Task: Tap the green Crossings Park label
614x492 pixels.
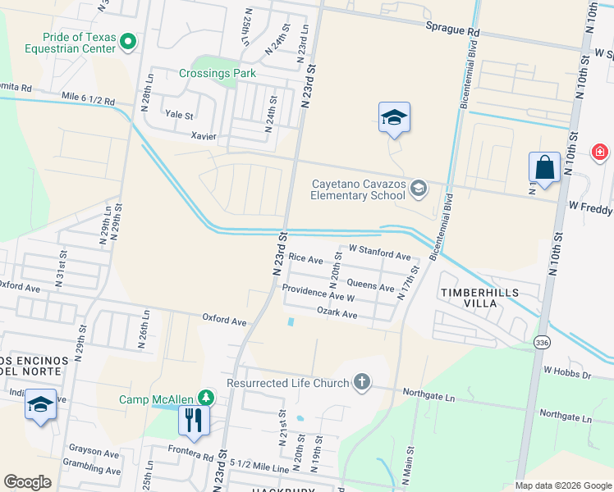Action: pyautogui.click(x=218, y=73)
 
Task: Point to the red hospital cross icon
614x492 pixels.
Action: pyautogui.click(x=600, y=153)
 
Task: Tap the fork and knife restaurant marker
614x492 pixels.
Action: pyautogui.click(x=194, y=420)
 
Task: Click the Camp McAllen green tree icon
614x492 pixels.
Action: pyautogui.click(x=204, y=399)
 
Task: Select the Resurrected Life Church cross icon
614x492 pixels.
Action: pyautogui.click(x=361, y=381)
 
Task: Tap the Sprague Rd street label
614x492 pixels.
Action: pyautogui.click(x=451, y=30)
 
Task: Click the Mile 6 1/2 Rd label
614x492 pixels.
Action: pyautogui.click(x=89, y=99)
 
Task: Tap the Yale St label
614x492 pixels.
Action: pyautogui.click(x=179, y=116)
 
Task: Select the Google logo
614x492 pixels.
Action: pyautogui.click(x=28, y=482)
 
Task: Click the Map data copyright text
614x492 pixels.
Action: pyautogui.click(x=562, y=485)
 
